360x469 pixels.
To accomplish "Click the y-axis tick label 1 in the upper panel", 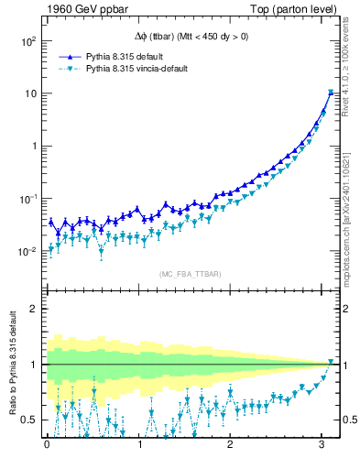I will (x=33, y=147).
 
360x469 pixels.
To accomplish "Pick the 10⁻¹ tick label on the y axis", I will (x=27, y=199).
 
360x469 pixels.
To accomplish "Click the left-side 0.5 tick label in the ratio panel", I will (x=29, y=420).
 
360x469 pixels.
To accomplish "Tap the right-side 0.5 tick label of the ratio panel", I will (x=347, y=420).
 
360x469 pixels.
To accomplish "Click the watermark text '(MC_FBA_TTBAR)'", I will (x=189, y=275).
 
